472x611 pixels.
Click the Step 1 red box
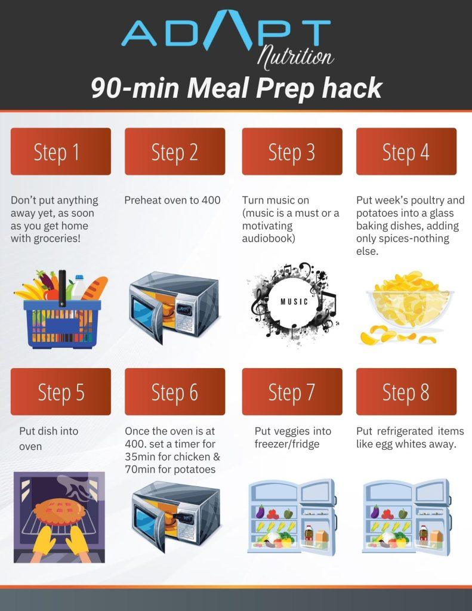(x=61, y=151)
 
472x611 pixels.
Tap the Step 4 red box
(x=406, y=151)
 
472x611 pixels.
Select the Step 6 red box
(x=175, y=391)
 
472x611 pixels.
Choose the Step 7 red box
(x=292, y=391)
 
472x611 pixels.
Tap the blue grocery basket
(x=62, y=323)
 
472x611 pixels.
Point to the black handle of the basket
(x=63, y=288)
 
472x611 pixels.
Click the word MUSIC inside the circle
(x=294, y=301)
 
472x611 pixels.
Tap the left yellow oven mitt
(x=44, y=539)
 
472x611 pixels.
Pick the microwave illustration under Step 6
(x=176, y=516)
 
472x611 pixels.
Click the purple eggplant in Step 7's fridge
(x=260, y=511)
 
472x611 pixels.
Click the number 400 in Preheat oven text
(x=211, y=200)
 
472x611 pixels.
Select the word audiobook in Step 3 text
(x=268, y=239)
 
